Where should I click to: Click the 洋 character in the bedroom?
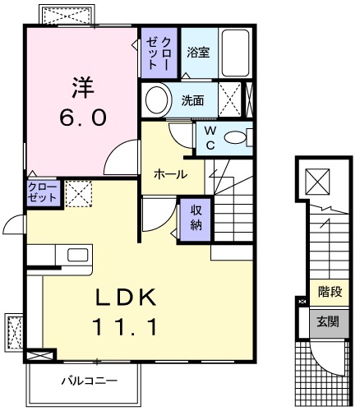(81, 86)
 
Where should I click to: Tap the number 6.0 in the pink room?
(81, 118)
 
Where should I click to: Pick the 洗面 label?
(194, 102)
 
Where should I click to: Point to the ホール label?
(170, 174)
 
